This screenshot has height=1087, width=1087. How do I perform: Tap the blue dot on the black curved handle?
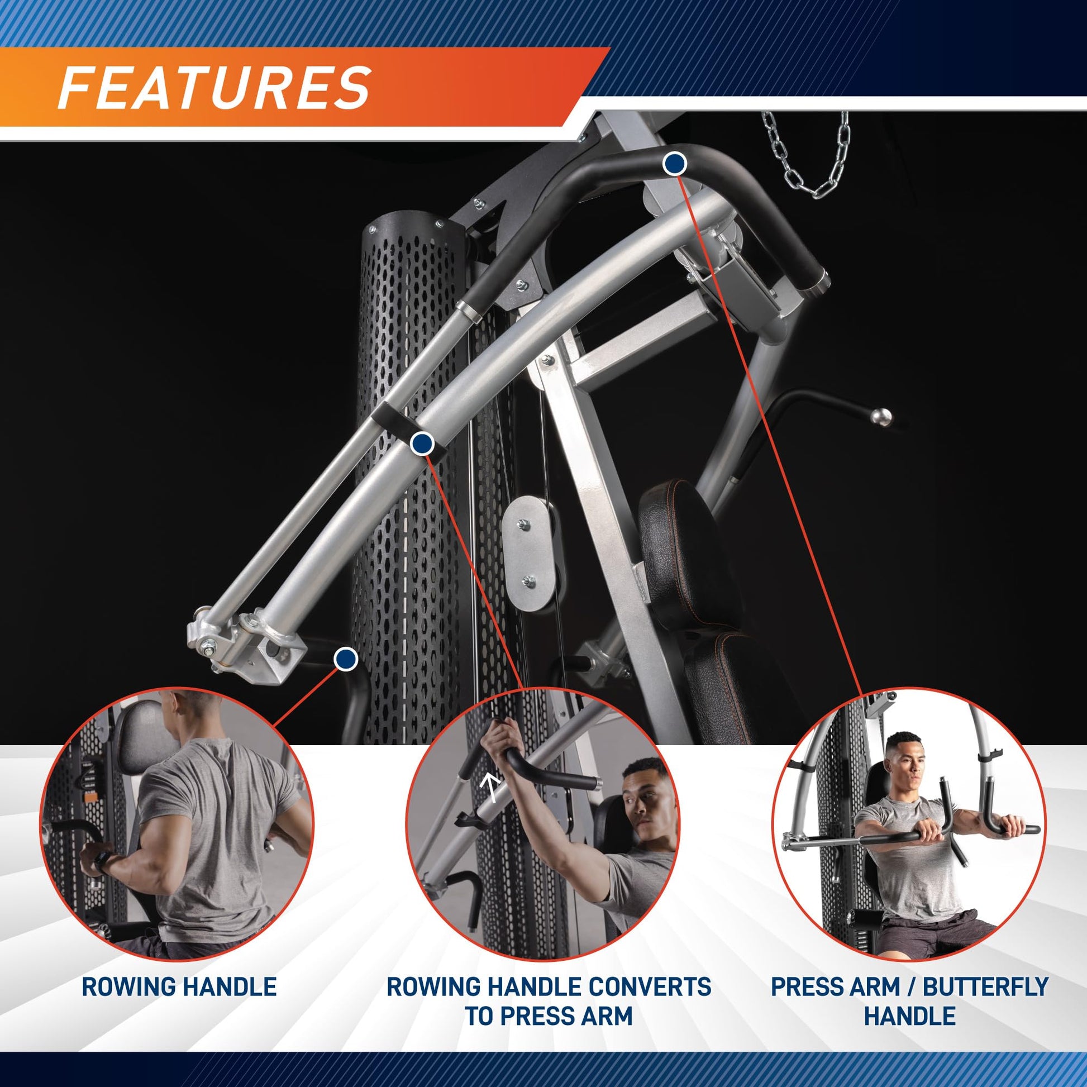pyautogui.click(x=675, y=164)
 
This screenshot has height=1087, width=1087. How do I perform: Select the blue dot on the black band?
pyautogui.click(x=422, y=445)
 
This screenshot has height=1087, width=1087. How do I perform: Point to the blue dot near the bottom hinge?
pyautogui.click(x=345, y=659)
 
